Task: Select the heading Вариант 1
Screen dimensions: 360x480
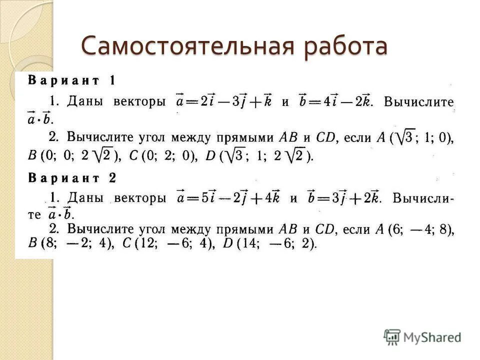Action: (x=72, y=80)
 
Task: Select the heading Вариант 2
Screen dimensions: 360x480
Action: (x=72, y=177)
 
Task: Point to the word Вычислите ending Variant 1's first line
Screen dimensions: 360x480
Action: (x=418, y=102)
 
